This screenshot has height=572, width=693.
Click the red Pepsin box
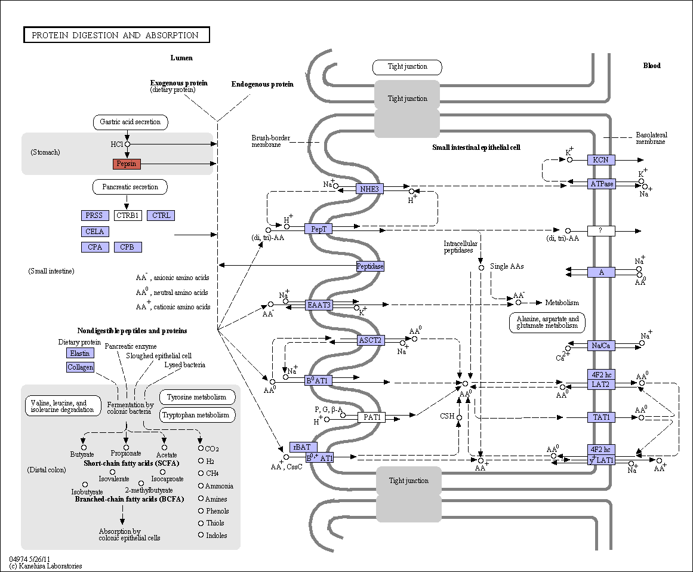click(127, 164)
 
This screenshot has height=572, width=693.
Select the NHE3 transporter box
click(369, 189)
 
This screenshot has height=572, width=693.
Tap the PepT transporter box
click(319, 229)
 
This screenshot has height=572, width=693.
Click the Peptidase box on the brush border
click(370, 266)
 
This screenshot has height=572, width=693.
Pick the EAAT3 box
click(319, 305)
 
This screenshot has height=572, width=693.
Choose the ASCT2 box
click(370, 340)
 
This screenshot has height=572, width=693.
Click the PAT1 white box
click(372, 417)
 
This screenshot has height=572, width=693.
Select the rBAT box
click(303, 447)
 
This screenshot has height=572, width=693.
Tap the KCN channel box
click(601, 159)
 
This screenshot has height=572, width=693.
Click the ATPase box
click(601, 183)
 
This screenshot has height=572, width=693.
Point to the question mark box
click(601, 230)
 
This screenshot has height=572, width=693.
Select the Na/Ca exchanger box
click(601, 345)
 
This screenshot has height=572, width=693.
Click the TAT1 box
click(601, 417)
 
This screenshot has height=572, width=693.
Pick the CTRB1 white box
click(128, 216)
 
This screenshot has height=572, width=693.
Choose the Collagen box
click(80, 367)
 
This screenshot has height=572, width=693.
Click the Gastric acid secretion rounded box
click(130, 122)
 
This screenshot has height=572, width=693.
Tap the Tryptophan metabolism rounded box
click(196, 415)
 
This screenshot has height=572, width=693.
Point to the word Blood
click(651, 66)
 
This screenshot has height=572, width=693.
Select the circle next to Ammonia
click(201, 486)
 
